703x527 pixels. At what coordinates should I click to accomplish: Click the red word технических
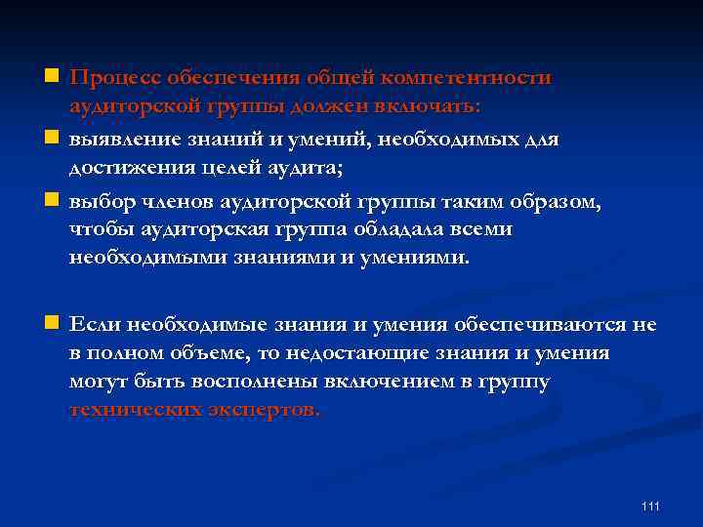pyautogui.click(x=136, y=410)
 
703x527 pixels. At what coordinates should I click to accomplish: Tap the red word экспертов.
pyautogui.click(x=263, y=410)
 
